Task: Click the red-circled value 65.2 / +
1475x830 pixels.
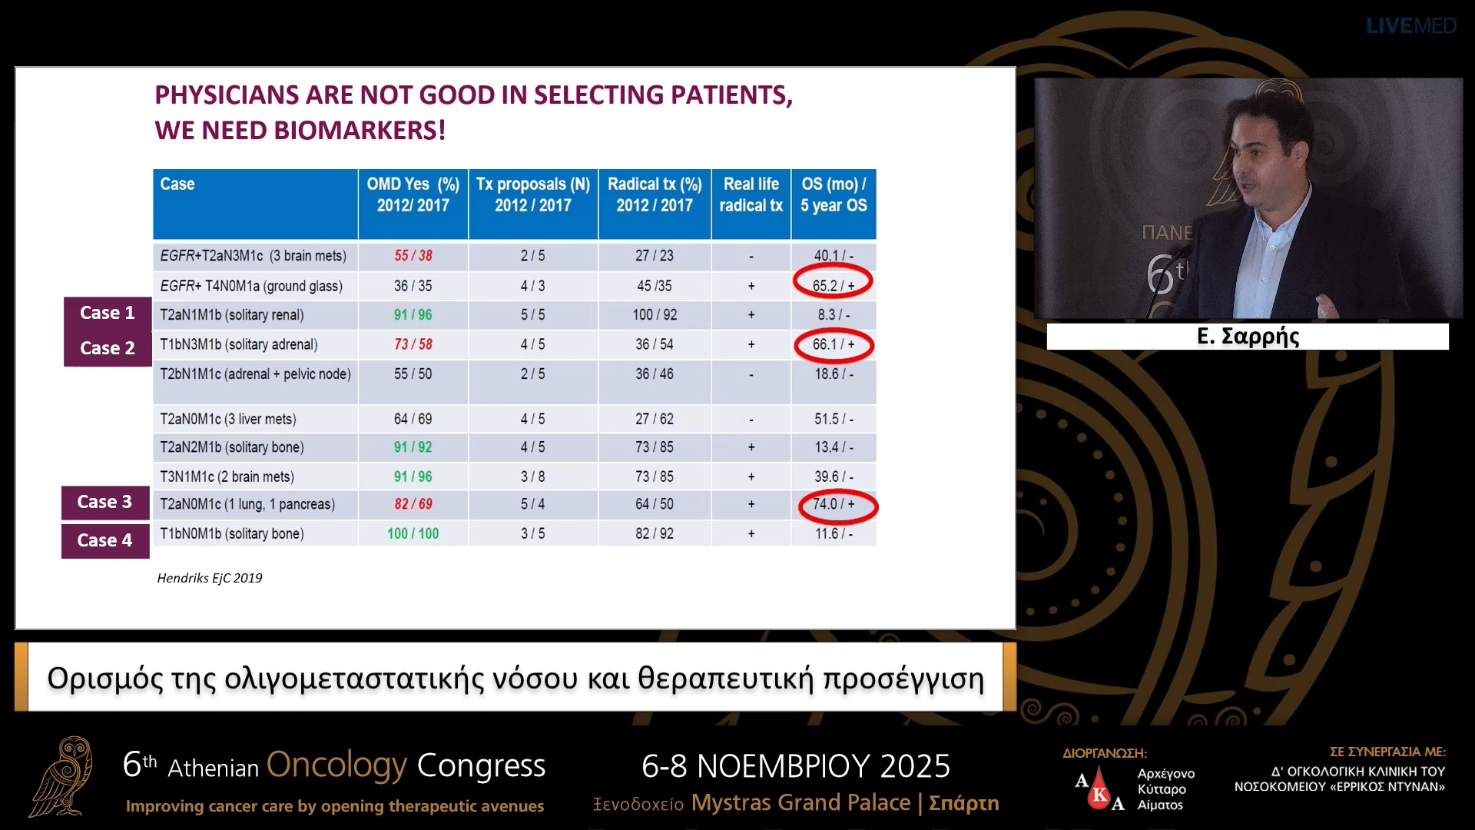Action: (x=834, y=285)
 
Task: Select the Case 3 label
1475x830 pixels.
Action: (x=104, y=503)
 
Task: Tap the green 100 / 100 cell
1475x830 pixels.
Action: (x=413, y=533)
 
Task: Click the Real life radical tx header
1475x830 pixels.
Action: (x=751, y=195)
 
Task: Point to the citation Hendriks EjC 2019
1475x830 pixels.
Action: (x=210, y=578)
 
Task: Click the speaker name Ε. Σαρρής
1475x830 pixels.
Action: (x=1248, y=337)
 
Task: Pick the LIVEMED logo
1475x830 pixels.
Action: (x=1410, y=26)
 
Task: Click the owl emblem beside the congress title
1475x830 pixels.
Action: (x=63, y=776)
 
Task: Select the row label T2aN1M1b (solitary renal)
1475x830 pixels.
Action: (x=232, y=315)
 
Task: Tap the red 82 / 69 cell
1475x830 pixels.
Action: (x=413, y=504)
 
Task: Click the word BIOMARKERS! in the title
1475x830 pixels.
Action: (x=360, y=131)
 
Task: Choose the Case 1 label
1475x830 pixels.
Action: (x=107, y=313)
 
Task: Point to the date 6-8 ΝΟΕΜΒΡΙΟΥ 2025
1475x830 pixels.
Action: (x=796, y=766)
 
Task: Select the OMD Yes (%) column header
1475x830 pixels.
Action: (x=413, y=195)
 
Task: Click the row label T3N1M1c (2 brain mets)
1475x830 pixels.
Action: (x=227, y=476)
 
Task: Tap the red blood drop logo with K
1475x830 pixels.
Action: (x=1099, y=792)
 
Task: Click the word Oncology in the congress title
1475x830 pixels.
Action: (x=336, y=765)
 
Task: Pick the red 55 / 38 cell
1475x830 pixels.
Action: (x=413, y=256)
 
